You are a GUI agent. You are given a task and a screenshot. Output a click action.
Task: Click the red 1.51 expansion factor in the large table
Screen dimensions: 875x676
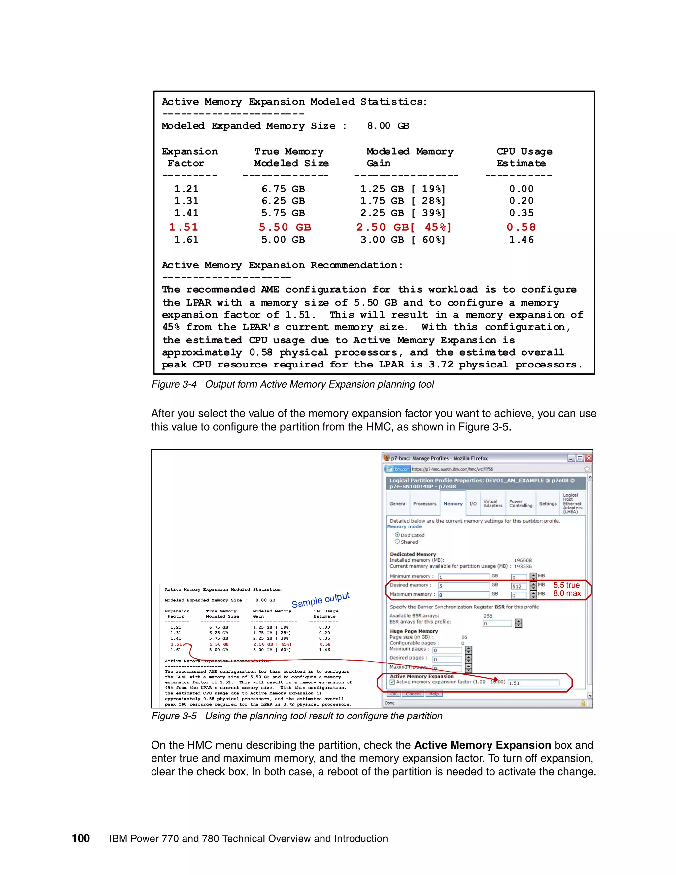coord(184,227)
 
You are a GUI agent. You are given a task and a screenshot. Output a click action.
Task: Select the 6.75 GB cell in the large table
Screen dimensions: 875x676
coord(283,189)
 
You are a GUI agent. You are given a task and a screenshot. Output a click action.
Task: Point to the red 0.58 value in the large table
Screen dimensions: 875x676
coord(521,227)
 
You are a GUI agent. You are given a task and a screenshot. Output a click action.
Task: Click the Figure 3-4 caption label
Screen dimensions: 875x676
coord(174,384)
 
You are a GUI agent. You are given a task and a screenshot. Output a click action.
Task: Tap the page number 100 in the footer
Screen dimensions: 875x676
coord(81,839)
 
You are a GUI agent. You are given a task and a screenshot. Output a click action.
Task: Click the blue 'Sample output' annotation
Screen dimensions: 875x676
coord(321,600)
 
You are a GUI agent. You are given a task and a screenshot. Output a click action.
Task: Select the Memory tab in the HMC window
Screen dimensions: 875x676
coord(453,504)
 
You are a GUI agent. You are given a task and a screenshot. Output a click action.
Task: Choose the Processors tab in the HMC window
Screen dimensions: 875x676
coord(424,504)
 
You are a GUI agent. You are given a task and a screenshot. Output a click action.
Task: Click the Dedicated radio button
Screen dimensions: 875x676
coord(397,535)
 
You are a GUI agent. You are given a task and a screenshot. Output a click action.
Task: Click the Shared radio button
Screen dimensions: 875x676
coord(397,542)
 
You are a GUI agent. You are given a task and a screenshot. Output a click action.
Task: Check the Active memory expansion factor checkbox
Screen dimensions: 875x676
coord(392,682)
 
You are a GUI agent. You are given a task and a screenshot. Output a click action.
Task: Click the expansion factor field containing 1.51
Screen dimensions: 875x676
coord(533,683)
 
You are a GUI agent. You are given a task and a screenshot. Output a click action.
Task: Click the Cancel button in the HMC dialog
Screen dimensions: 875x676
coord(413,694)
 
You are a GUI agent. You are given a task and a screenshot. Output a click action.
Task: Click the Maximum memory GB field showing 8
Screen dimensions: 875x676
coord(463,595)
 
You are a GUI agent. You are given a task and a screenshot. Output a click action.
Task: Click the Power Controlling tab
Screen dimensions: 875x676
coord(521,504)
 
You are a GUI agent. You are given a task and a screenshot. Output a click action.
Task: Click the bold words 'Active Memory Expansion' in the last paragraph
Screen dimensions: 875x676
coord(482,745)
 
